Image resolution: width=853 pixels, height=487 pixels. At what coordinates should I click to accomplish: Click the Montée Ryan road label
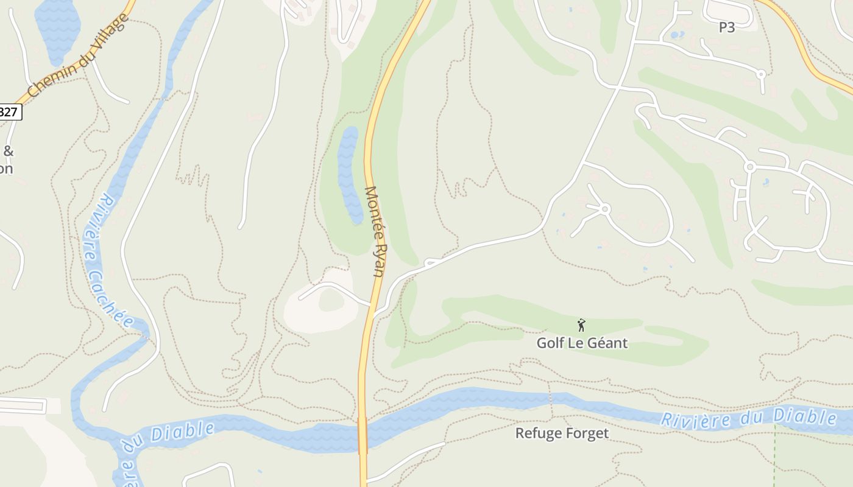[x=375, y=231]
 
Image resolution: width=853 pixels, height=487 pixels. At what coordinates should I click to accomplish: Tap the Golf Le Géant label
[x=582, y=343]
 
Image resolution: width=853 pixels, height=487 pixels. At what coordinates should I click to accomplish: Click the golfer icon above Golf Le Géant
[x=582, y=325]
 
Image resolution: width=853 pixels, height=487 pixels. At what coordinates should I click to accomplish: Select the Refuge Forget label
[x=562, y=433]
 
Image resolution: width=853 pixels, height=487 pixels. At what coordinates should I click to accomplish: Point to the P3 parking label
[x=726, y=27]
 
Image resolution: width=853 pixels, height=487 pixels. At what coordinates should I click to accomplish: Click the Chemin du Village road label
[x=79, y=56]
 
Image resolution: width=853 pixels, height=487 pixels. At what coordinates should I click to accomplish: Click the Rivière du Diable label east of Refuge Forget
[x=749, y=418]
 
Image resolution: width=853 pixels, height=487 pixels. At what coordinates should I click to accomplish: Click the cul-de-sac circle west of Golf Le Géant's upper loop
[x=605, y=209]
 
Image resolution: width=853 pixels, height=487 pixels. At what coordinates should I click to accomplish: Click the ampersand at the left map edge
[x=9, y=151]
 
